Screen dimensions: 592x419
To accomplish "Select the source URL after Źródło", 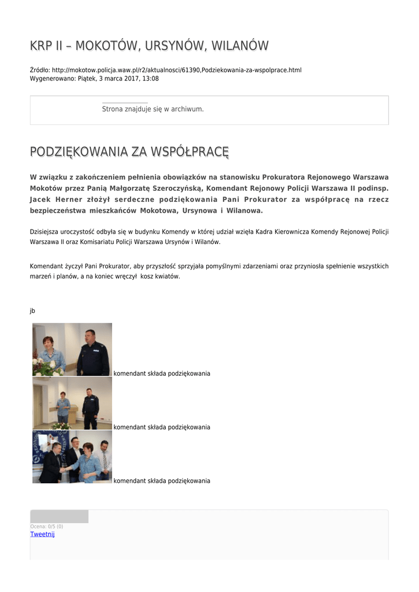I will click(x=176, y=70).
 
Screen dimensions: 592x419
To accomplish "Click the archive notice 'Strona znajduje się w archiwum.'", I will click(x=153, y=109).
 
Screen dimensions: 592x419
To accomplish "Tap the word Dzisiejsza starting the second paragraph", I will click(x=46, y=232).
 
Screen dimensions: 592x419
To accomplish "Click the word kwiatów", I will click(x=168, y=276).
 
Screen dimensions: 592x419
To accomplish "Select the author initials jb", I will click(x=32, y=310).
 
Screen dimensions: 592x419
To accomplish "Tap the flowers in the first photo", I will click(x=48, y=367).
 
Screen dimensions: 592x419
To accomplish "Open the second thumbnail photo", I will click(x=72, y=403).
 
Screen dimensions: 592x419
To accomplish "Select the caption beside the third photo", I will click(x=162, y=481).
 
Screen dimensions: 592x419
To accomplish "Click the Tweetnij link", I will click(x=42, y=534).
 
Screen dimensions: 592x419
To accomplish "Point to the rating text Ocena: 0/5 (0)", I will click(x=47, y=527).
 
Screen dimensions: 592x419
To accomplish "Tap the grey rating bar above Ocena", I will click(x=59, y=516).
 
